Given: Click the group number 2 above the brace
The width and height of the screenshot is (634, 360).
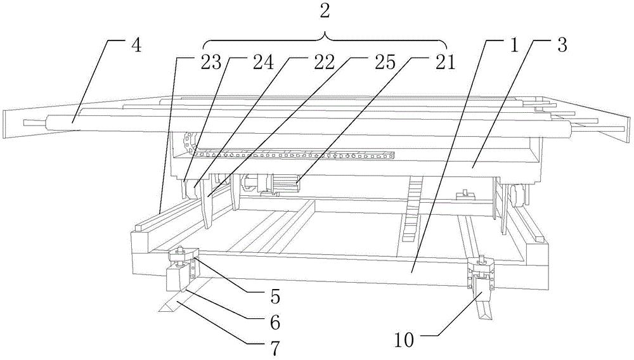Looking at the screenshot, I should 325,11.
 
